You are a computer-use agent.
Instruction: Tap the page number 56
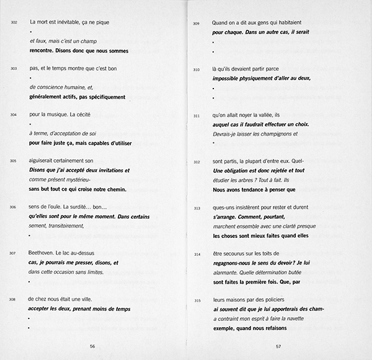tap(92, 346)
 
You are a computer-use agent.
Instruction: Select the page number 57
tap(278, 346)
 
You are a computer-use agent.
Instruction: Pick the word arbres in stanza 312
tap(242, 180)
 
